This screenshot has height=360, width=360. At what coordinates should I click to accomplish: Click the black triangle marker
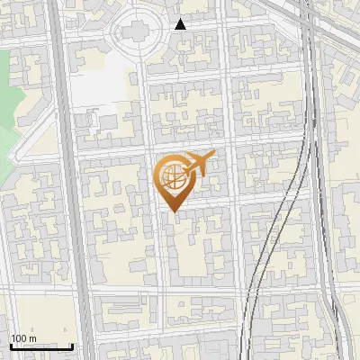(x=180, y=24)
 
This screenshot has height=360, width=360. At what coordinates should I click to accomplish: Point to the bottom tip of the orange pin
(x=174, y=212)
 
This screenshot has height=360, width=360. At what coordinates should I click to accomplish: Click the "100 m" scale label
(x=24, y=338)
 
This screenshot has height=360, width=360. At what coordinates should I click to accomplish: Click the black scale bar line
(x=41, y=346)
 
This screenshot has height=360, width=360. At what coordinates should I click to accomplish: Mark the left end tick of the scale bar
(x=11, y=346)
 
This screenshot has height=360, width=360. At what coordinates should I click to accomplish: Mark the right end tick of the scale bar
(x=72, y=346)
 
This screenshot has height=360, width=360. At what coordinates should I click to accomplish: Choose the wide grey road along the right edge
(x=328, y=225)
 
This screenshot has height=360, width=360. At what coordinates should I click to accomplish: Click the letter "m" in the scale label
(x=32, y=338)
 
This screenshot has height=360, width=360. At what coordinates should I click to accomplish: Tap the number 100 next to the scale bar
(x=19, y=338)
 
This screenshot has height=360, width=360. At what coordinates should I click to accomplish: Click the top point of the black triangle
(x=180, y=19)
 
